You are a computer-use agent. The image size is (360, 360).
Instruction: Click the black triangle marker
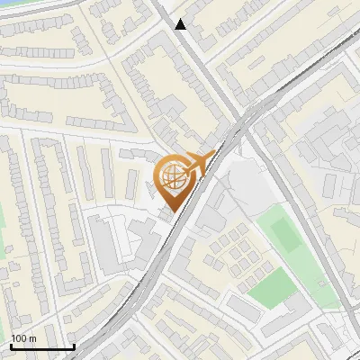tap(181, 24)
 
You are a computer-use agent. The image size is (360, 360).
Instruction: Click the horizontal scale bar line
tap(42, 347)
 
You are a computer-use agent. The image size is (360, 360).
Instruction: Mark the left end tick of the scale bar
tap(11, 345)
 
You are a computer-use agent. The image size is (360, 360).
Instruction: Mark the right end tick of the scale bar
tap(74, 345)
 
